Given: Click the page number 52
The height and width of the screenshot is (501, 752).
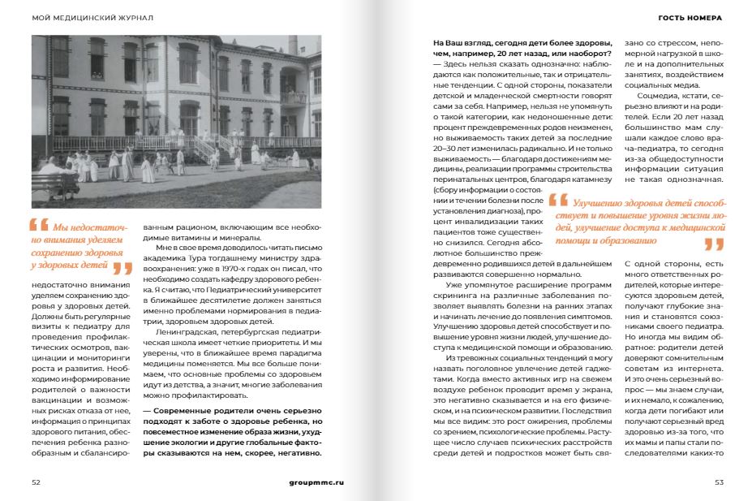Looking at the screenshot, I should coord(36,482).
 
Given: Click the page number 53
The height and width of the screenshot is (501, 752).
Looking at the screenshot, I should coord(719,482).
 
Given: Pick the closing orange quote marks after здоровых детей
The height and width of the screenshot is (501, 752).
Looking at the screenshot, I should coord(122,268).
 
